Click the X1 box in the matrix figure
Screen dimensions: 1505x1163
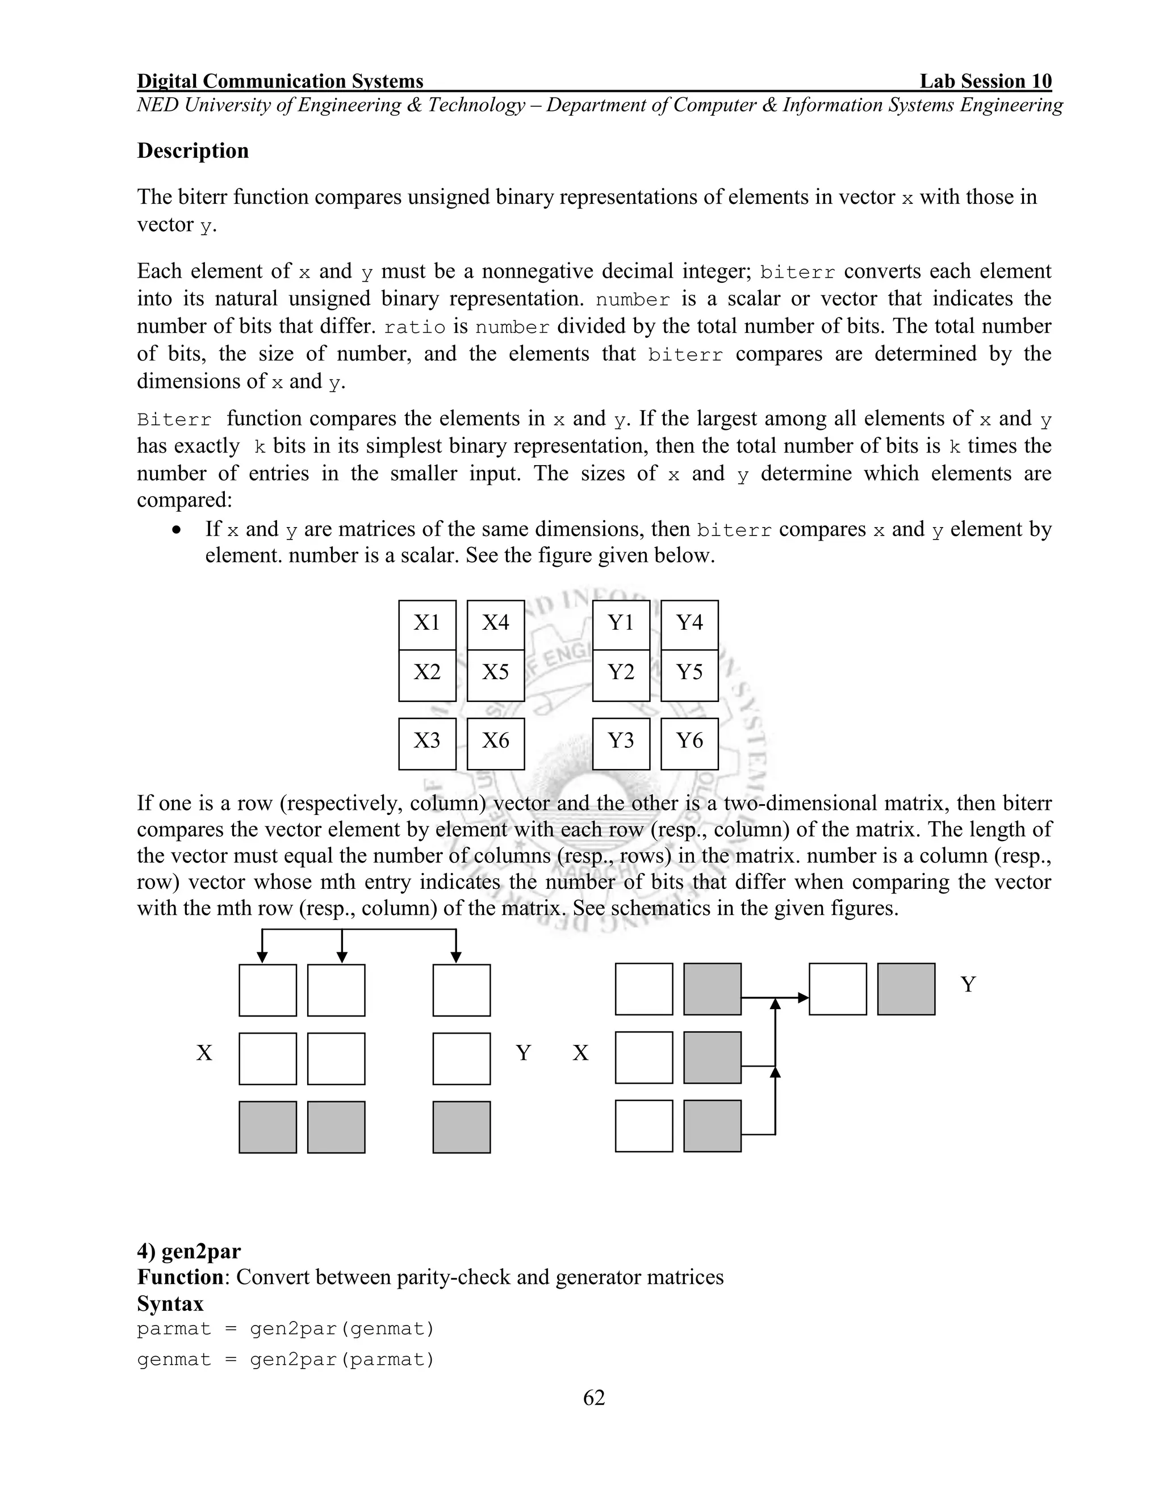pyautogui.click(x=426, y=624)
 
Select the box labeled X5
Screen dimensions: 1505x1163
pyautogui.click(x=495, y=673)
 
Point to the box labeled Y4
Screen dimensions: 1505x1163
pyautogui.click(x=689, y=624)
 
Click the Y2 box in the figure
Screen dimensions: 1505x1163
pyautogui.click(x=621, y=673)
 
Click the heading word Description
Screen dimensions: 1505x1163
pyautogui.click(x=193, y=151)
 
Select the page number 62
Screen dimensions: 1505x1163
pyautogui.click(x=594, y=1398)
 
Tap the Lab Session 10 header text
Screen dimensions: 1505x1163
pyautogui.click(x=985, y=81)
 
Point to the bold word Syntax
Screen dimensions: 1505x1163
pyautogui.click(x=170, y=1304)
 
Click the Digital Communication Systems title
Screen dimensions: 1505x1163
pyautogui.click(x=280, y=81)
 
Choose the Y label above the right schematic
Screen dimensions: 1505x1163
pyautogui.click(x=968, y=985)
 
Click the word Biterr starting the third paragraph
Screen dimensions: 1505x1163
pyautogui.click(x=174, y=420)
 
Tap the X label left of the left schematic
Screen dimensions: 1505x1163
pyautogui.click(x=204, y=1053)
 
